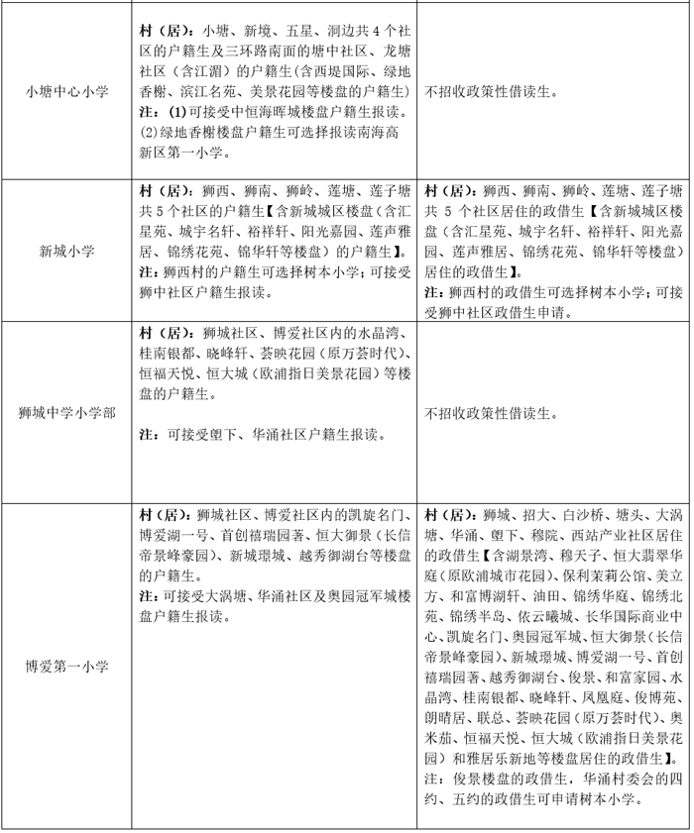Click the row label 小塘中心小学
[66, 91]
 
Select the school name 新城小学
[66, 251]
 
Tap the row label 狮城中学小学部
[66, 410]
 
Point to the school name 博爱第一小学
[66, 666]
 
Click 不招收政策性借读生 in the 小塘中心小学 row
[492, 91]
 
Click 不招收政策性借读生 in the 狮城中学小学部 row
[492, 410]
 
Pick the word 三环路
[261, 50]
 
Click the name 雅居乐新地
[490, 759]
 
